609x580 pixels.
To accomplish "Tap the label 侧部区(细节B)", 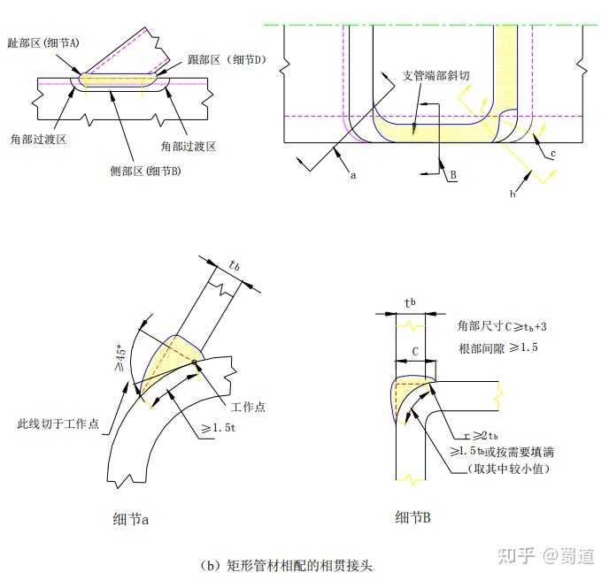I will point(144,170).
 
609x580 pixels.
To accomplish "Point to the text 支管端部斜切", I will point(442,75).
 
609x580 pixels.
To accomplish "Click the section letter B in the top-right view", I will point(452,175).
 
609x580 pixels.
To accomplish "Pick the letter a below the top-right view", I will point(353,175).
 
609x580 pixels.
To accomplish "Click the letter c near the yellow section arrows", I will point(552,154).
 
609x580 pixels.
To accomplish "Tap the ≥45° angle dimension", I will point(123,355).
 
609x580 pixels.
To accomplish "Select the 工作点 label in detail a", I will point(248,407).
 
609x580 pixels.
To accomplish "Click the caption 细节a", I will point(130,519).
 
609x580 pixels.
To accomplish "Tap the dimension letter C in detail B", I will point(415,351).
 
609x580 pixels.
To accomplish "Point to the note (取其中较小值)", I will point(508,468).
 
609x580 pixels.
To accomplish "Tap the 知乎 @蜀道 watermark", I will point(546,555).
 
